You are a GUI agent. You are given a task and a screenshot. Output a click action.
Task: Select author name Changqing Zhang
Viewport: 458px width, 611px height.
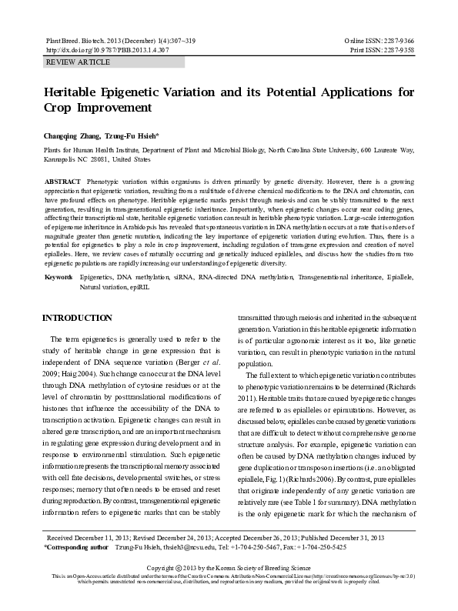coord(76,135)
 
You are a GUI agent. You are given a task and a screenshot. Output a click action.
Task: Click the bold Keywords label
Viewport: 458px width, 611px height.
coord(59,275)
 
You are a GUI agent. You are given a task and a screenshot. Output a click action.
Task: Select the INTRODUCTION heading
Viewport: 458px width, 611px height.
coord(77,318)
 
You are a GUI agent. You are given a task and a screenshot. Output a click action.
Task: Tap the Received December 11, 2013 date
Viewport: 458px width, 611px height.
coord(89,538)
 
